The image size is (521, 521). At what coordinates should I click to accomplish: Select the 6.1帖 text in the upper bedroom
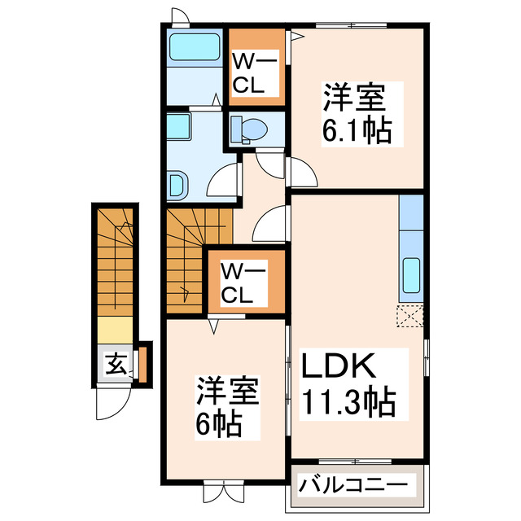click(x=356, y=130)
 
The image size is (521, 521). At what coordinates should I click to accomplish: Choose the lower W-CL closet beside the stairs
click(x=245, y=282)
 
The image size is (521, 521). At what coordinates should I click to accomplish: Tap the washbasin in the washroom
click(x=177, y=185)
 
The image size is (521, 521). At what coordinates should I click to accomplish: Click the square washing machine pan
click(x=178, y=129)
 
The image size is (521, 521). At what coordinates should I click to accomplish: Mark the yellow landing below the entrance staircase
click(x=114, y=331)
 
